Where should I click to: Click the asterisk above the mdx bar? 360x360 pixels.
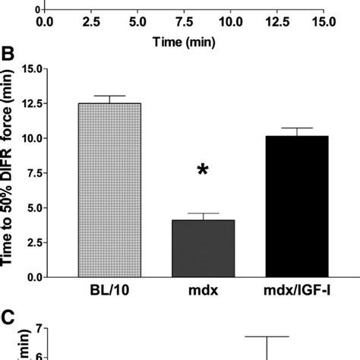[203, 172]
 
